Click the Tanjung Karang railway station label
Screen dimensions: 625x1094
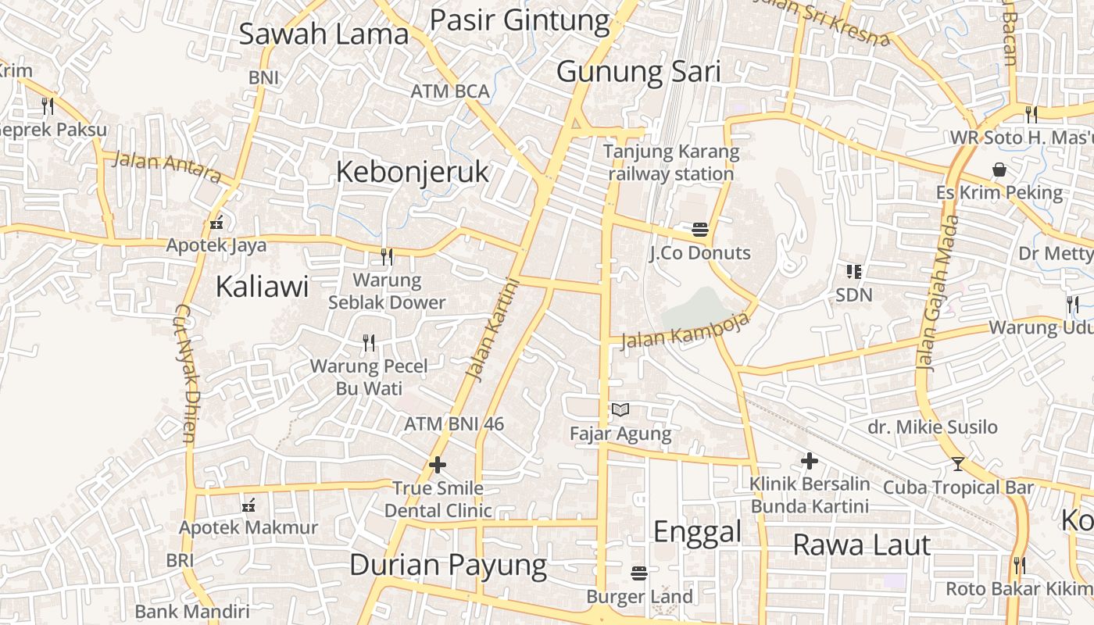[x=671, y=162]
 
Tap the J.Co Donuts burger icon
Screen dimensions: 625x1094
[x=699, y=230]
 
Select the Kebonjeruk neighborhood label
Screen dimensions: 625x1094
[x=413, y=172]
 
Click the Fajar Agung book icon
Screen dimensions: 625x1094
[x=620, y=409]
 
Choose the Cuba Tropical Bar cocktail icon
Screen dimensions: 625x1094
[x=958, y=464]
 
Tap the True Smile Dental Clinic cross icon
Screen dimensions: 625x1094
[x=438, y=465]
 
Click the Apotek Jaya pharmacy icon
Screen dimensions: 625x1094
[x=216, y=223]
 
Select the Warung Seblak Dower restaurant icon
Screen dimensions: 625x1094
[x=386, y=255]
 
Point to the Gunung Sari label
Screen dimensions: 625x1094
[x=638, y=72]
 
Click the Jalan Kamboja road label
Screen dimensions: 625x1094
[x=686, y=331]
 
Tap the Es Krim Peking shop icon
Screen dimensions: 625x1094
[x=999, y=170]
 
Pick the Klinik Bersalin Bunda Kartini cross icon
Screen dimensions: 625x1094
[x=810, y=461]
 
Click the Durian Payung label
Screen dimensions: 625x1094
[x=448, y=565]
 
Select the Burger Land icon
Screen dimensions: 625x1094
[x=639, y=573]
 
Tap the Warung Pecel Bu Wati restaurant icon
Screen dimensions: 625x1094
[x=369, y=342]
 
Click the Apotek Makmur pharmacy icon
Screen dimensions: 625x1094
[x=248, y=505]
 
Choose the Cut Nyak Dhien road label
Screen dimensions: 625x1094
[x=187, y=373]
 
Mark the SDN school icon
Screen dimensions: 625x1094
[x=853, y=272]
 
